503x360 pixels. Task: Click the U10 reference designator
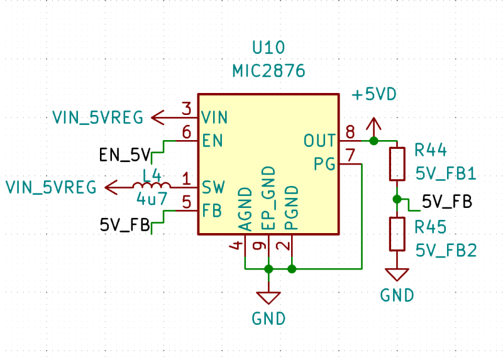(268, 48)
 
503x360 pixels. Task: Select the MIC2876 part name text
(268, 71)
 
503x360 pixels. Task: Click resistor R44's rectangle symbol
(397, 164)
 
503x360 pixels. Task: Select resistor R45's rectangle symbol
(397, 234)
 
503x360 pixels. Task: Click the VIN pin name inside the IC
(215, 117)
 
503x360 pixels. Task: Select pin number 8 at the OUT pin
(350, 132)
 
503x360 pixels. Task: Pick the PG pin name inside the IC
(324, 164)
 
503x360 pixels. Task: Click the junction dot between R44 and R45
(397, 199)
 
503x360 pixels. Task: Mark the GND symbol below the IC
(268, 298)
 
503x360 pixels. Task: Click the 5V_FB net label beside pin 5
(125, 224)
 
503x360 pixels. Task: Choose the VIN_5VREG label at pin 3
(97, 117)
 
